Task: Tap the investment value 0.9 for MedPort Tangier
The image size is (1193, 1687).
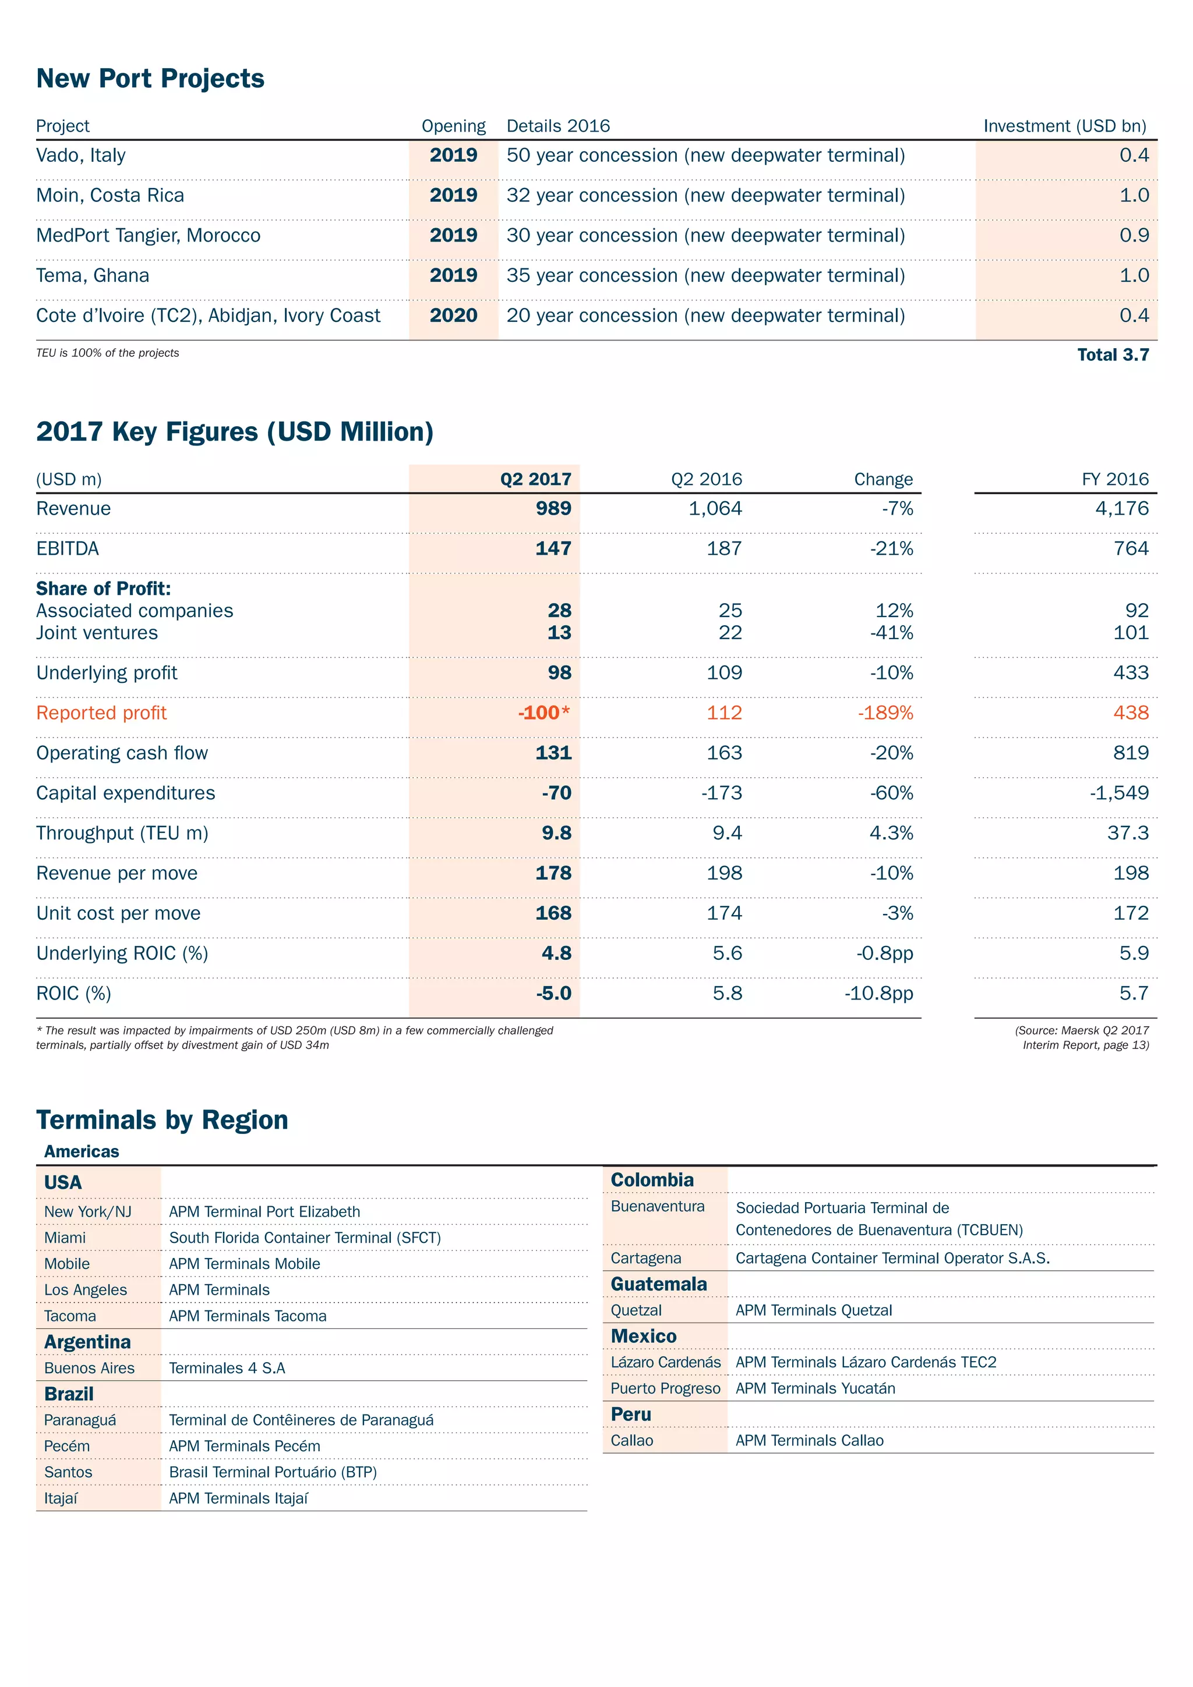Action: (1134, 235)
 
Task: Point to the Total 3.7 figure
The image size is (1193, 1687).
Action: (1112, 355)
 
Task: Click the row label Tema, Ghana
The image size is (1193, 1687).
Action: (93, 275)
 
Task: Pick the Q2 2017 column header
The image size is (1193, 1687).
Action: (535, 479)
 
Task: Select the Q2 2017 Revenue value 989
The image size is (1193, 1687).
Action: (553, 508)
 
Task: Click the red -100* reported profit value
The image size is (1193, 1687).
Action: (543, 713)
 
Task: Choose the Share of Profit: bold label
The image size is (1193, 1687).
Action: (104, 589)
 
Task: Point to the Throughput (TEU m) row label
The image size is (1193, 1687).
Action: (122, 833)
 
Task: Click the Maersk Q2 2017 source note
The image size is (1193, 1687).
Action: (1081, 1037)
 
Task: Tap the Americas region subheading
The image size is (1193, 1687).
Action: (82, 1151)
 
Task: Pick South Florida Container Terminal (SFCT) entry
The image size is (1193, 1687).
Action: (304, 1238)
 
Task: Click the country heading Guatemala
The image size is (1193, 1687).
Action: (659, 1284)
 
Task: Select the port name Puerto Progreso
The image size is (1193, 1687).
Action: (665, 1389)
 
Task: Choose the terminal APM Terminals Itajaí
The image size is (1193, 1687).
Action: (238, 1498)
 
